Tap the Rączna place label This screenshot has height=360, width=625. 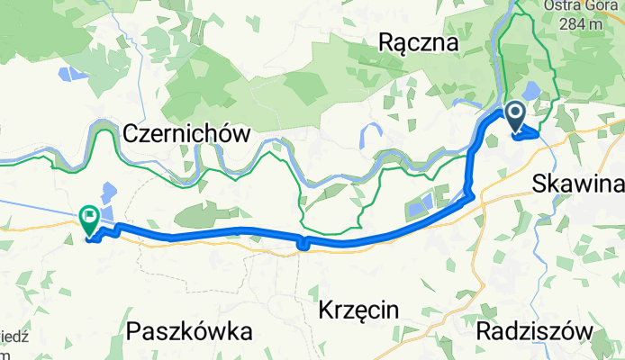coord(419,42)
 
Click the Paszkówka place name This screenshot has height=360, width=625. coord(189,330)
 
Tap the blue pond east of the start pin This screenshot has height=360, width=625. coord(530,90)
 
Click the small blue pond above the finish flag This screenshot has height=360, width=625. coord(107,192)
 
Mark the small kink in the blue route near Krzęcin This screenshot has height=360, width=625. coord(304,241)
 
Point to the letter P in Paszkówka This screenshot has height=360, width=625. coord(134,330)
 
